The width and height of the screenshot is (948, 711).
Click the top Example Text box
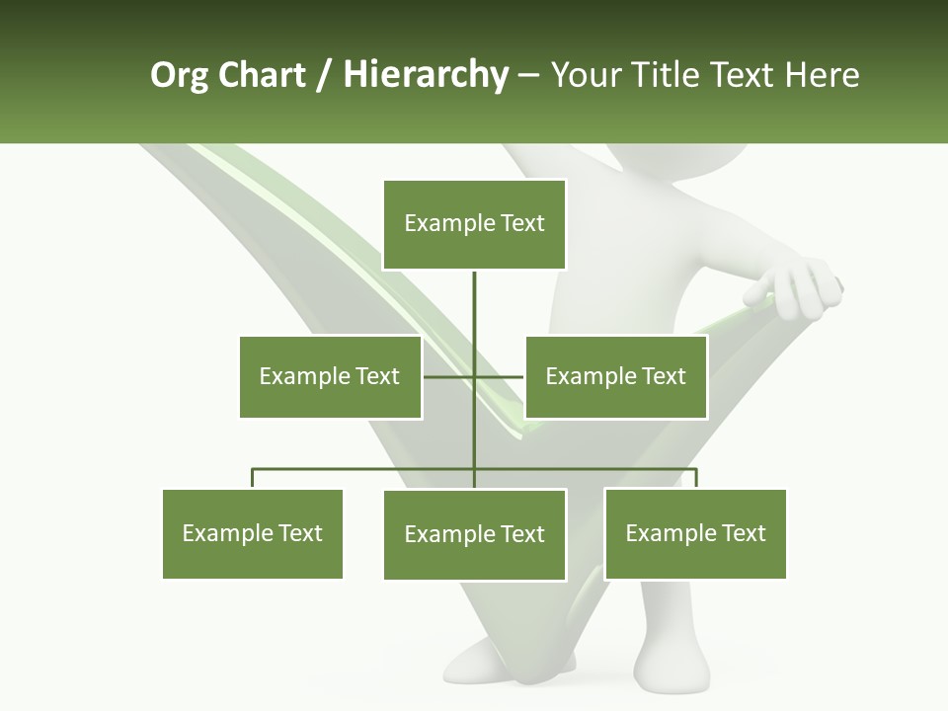coord(474,224)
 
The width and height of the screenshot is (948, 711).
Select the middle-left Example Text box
coord(330,376)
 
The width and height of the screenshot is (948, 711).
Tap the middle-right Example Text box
coord(615,376)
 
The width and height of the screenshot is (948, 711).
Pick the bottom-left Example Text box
coord(253,533)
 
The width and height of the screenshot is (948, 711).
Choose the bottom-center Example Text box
coord(474,534)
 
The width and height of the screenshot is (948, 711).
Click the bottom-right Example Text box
coord(695,533)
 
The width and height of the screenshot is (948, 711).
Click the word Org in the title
coord(179,75)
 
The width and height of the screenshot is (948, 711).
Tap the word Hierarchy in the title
coord(426,75)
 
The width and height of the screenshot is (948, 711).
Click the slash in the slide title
coord(324,75)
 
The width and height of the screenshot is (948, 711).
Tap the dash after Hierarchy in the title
coord(528,75)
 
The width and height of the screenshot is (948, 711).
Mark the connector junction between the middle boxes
coord(474,376)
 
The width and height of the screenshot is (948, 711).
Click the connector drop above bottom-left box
coord(253,479)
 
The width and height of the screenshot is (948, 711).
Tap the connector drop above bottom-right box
coord(696,479)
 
